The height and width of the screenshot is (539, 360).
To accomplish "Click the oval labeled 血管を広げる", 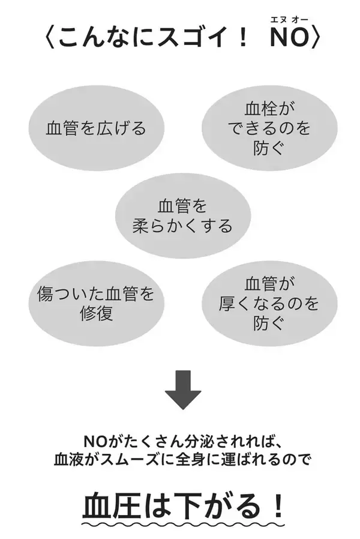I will point(96,128).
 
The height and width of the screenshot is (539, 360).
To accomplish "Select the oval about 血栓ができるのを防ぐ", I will point(269,127).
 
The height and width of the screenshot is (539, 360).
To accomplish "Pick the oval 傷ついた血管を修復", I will point(96,303).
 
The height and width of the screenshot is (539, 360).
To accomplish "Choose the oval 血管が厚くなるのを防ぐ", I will point(269,303).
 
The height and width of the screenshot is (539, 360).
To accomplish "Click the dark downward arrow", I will point(182,390).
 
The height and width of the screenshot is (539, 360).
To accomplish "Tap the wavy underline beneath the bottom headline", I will point(182,525).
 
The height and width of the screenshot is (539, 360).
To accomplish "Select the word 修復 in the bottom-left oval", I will point(96,313).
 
